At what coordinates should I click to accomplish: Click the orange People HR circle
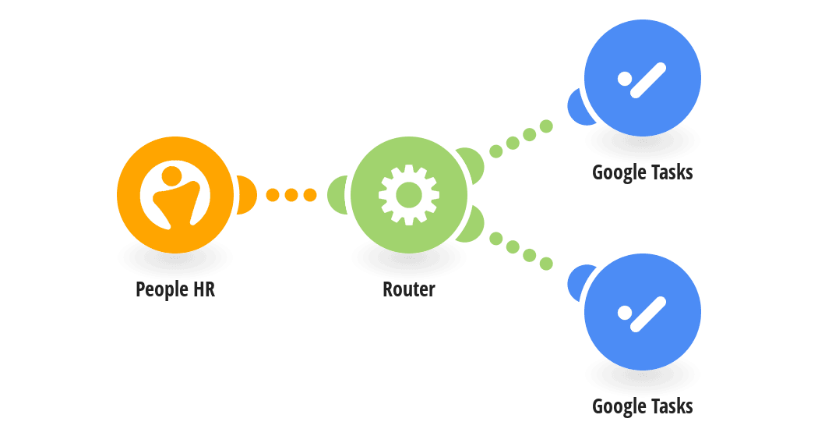tap(175, 195)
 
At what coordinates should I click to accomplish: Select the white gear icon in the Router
tap(409, 195)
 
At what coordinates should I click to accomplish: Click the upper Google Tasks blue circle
tap(643, 78)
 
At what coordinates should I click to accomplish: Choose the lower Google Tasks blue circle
tap(643, 312)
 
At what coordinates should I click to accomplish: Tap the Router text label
tap(409, 289)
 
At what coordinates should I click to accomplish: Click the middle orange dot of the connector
tap(291, 195)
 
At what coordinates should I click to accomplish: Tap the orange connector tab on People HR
tap(247, 195)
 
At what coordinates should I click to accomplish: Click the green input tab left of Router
tap(337, 195)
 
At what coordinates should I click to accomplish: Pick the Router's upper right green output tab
tap(473, 164)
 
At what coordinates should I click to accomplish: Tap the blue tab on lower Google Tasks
tap(579, 282)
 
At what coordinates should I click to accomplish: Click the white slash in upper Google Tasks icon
tap(648, 80)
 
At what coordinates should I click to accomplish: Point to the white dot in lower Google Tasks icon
tap(625, 313)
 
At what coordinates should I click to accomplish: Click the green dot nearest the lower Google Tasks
tap(546, 264)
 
